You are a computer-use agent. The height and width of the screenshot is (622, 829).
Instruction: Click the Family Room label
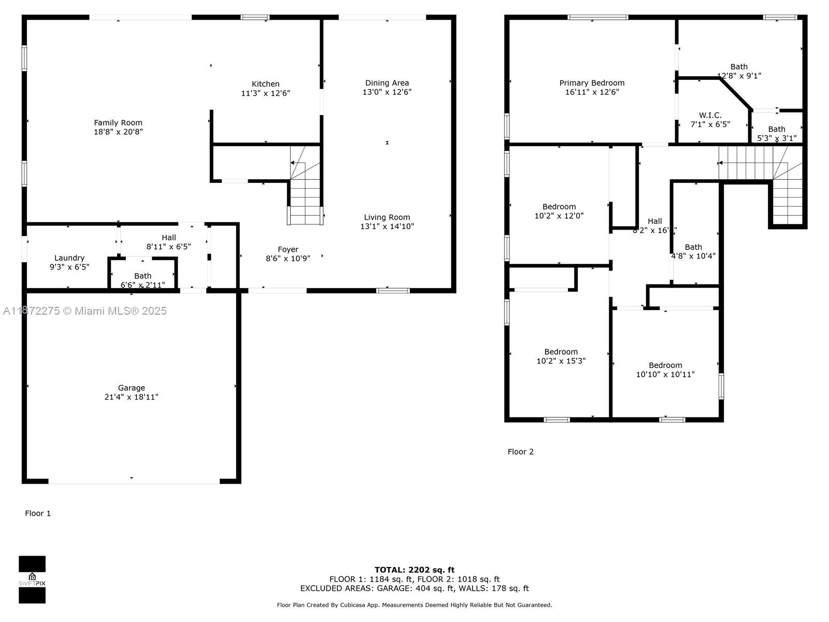[x=118, y=123]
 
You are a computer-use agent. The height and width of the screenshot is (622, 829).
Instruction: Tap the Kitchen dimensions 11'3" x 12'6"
[x=265, y=93]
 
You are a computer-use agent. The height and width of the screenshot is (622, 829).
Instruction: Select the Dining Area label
[x=387, y=83]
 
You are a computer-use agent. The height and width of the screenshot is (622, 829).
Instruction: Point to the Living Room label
[x=387, y=218]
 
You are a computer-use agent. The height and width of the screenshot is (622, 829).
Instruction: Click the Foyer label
[x=288, y=249]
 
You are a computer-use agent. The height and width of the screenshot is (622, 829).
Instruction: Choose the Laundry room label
[x=69, y=258]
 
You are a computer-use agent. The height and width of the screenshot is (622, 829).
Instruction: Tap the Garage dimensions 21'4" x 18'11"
[x=131, y=397]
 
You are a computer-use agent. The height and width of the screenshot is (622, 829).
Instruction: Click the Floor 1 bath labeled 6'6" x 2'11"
[x=142, y=280]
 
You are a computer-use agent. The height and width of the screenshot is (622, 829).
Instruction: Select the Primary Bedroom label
[x=592, y=83]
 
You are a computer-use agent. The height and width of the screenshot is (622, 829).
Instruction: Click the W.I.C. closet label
[x=710, y=116]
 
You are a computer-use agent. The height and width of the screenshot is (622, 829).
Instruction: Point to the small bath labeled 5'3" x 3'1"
[x=776, y=133]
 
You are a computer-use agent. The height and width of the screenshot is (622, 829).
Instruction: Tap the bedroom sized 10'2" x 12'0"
[x=559, y=211]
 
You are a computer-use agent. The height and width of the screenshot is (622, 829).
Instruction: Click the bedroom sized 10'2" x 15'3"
[x=561, y=356]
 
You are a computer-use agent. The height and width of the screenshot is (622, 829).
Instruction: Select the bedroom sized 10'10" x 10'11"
[x=665, y=370]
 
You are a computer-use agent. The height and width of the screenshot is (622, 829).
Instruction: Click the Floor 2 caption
[x=520, y=451]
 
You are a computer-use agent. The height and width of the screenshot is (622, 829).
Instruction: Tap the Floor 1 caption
[x=38, y=513]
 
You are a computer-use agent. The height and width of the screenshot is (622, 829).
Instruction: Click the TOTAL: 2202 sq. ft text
[x=414, y=570]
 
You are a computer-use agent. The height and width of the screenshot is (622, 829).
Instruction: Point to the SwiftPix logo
[x=32, y=579]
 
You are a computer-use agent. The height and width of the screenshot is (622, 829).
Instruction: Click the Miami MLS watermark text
[x=85, y=310]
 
